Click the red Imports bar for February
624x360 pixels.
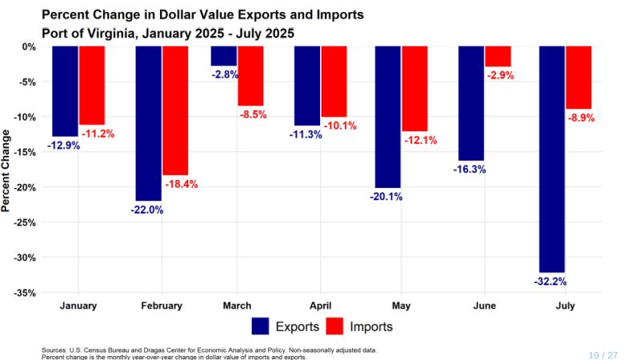click(x=175, y=110)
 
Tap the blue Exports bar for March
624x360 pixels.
click(x=223, y=56)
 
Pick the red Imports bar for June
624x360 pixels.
click(x=498, y=56)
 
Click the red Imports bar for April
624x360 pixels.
click(x=334, y=82)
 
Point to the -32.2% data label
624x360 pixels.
click(x=552, y=282)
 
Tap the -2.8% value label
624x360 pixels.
click(x=224, y=74)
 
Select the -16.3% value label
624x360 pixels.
click(x=470, y=170)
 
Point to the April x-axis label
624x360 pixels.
click(x=320, y=306)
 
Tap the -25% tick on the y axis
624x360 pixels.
click(x=26, y=222)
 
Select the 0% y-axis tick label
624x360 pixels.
click(x=30, y=46)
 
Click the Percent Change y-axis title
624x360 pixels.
click(x=7, y=170)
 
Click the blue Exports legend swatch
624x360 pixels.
click(x=260, y=326)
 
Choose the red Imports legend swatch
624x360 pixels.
click(x=335, y=326)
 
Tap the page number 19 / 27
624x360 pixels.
click(x=603, y=354)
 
